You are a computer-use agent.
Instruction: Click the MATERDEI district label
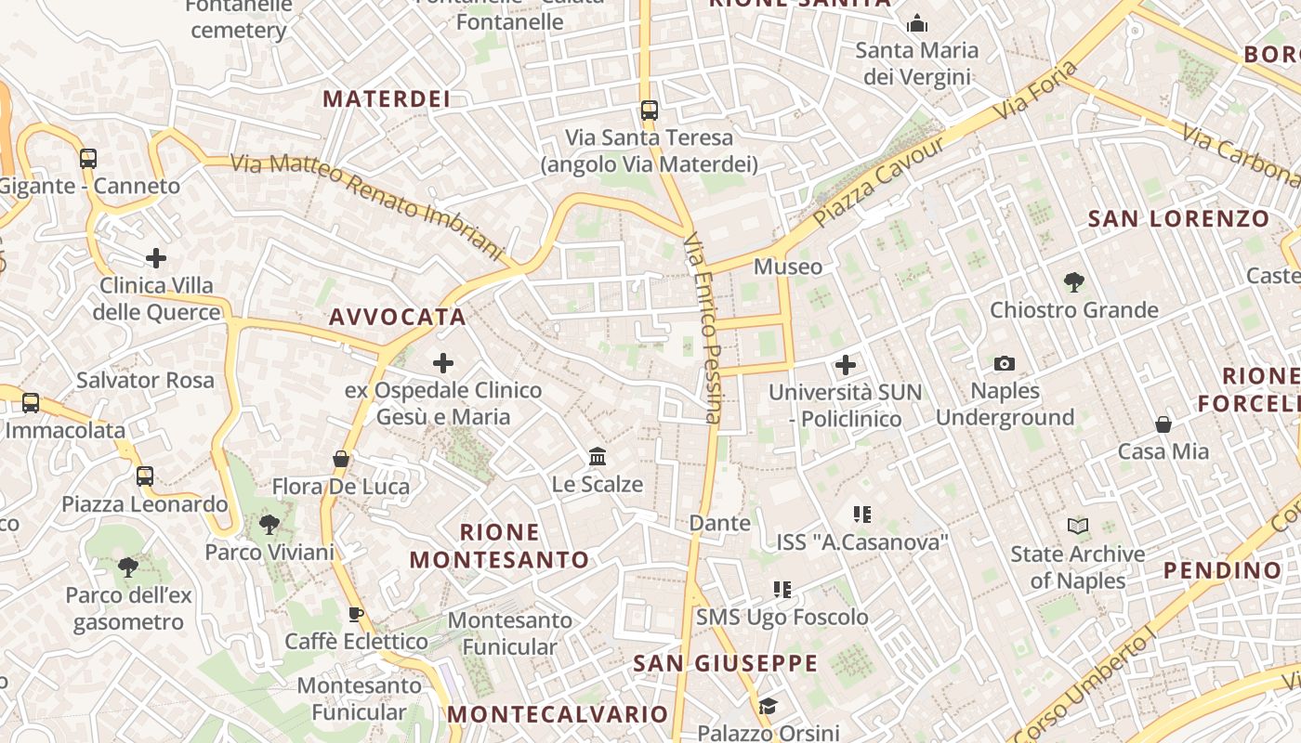click(386, 99)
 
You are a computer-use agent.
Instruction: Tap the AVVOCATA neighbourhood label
click(398, 317)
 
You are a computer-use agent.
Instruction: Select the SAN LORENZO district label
click(1178, 219)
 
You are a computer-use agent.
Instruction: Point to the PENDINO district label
click(1222, 570)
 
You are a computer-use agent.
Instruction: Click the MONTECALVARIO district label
click(558, 714)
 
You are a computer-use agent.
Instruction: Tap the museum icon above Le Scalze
click(598, 457)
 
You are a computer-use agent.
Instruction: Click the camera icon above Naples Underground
click(1004, 363)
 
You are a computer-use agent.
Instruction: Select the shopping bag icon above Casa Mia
click(1163, 424)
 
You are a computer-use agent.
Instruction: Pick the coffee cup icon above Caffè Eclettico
click(355, 613)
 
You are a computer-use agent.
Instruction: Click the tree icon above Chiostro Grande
click(1074, 281)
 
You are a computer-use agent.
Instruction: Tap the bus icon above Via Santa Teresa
click(650, 111)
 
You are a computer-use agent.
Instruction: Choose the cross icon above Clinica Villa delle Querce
click(156, 257)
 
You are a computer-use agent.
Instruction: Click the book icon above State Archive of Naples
click(1078, 527)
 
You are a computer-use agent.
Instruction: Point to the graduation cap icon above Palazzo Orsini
click(768, 707)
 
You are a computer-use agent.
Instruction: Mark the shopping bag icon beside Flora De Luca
click(341, 459)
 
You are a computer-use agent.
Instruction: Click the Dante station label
click(720, 523)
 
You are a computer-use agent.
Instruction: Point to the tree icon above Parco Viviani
click(269, 525)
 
